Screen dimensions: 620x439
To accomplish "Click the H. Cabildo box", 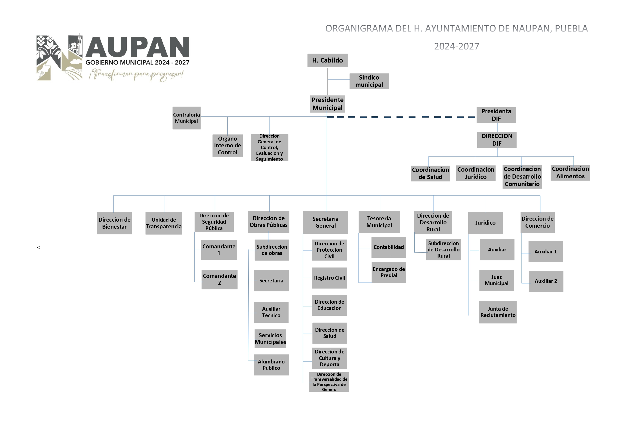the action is tap(327, 60).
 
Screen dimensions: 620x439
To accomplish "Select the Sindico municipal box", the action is tap(369, 81).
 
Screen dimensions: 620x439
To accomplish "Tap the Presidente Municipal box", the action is tap(327, 104).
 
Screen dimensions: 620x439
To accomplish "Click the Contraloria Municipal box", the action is tap(186, 118).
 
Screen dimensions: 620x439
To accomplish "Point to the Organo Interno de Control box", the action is tap(227, 145).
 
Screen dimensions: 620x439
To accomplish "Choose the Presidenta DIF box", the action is tap(496, 115).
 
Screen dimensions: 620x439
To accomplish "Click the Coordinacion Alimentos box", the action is tap(570, 172).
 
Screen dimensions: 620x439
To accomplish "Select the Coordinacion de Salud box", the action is tap(430, 173).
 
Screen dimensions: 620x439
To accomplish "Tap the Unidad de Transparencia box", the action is tap(164, 223).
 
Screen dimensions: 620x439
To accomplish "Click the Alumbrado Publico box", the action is tap(271, 365).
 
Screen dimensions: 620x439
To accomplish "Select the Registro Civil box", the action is tap(329, 278).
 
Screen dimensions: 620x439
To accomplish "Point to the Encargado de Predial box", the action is tap(389, 272).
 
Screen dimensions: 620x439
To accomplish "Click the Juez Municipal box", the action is tap(496, 280).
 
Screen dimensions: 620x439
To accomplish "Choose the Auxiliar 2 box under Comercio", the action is tap(546, 281).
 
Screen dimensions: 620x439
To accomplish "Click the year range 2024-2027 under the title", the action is tap(456, 46).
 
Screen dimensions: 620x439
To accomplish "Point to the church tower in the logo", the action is tap(79, 43).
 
